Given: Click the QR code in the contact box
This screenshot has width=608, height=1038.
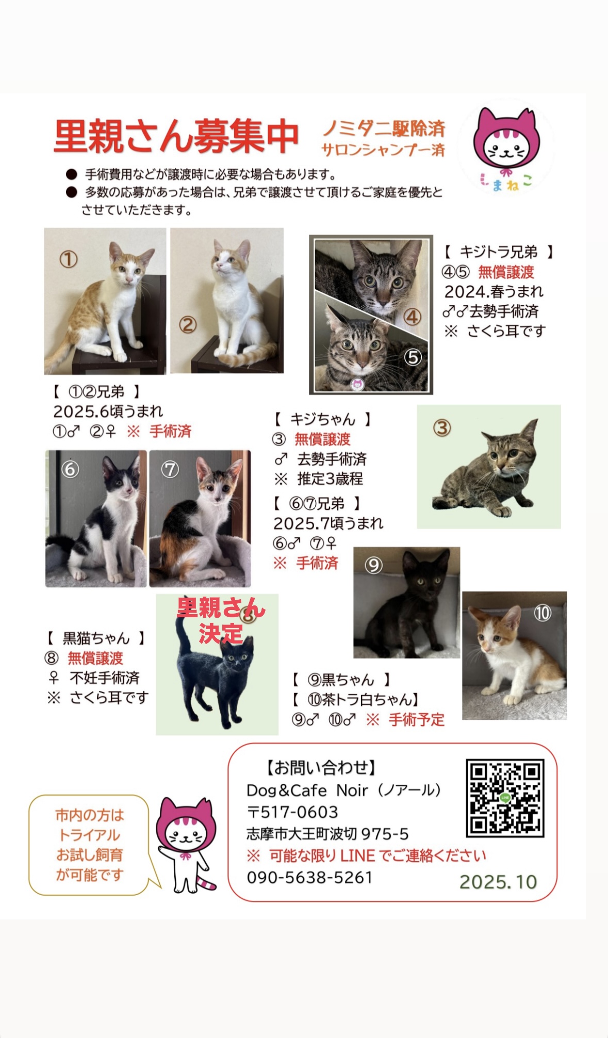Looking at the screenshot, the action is pos(505,798).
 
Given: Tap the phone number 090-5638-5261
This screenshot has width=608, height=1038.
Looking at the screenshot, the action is pos(309,877).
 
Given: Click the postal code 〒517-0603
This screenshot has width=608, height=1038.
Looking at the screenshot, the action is pos(292,812).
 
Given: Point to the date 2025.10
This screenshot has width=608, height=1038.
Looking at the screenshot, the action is pos(498,882).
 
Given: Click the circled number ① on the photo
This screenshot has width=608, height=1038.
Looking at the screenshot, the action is pos(69,259).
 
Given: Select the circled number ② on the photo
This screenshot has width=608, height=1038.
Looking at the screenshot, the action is pos(188,324).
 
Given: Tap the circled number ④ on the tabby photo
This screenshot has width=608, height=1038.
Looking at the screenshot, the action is pos(412,317).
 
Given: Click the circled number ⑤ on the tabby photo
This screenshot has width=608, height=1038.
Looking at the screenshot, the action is pos(413,357).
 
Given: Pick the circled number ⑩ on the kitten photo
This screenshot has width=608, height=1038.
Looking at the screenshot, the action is pos(542,613).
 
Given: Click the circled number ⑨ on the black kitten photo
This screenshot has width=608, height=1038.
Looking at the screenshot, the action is pos(373,565).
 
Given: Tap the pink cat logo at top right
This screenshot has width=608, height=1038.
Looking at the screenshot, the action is pos(506,149).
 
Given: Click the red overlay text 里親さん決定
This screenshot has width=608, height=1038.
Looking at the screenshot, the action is pos(221,620).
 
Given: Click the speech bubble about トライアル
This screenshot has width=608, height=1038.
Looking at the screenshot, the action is pos(90,845).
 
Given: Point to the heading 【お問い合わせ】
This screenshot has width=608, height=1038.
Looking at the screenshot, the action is pos(321,768).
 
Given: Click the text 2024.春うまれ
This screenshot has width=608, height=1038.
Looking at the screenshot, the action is pos(494,291).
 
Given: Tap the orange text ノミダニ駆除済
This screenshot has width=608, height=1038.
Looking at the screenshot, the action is pos(384,128).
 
